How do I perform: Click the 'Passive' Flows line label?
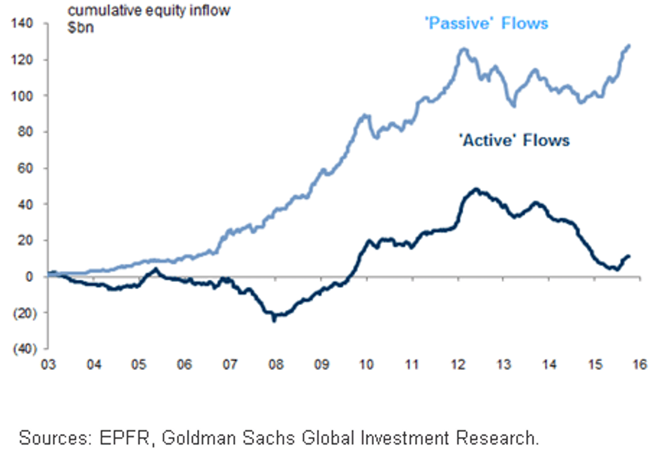pyautogui.click(x=487, y=23)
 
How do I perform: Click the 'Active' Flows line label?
pyautogui.click(x=514, y=140)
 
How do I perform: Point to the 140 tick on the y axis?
pyautogui.click(x=22, y=23)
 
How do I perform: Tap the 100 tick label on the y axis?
pyautogui.click(x=22, y=96)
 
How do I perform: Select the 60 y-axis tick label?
pyautogui.click(x=25, y=168)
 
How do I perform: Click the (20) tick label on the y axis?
pyautogui.click(x=25, y=313)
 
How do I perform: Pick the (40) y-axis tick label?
pyautogui.click(x=25, y=349)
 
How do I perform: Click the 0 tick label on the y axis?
pyautogui.click(x=29, y=277)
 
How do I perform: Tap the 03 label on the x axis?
pyautogui.click(x=48, y=364)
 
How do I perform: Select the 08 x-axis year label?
pyautogui.click(x=276, y=364)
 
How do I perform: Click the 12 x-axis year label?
pyautogui.click(x=458, y=364)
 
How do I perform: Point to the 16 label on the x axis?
pyautogui.click(x=640, y=364)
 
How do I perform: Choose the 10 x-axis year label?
pyautogui.click(x=367, y=364)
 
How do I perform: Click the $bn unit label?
pyautogui.click(x=80, y=28)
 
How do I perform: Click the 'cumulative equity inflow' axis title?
pyautogui.click(x=149, y=11)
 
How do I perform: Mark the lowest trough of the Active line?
pyautogui.click(x=274, y=320)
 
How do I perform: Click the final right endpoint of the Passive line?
pyautogui.click(x=629, y=45)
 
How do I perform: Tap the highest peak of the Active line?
pyautogui.click(x=476, y=189)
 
